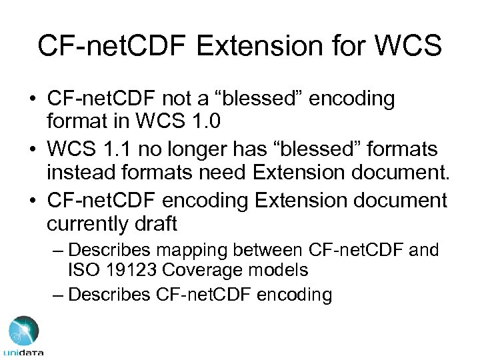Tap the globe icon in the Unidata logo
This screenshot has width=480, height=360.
23,331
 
